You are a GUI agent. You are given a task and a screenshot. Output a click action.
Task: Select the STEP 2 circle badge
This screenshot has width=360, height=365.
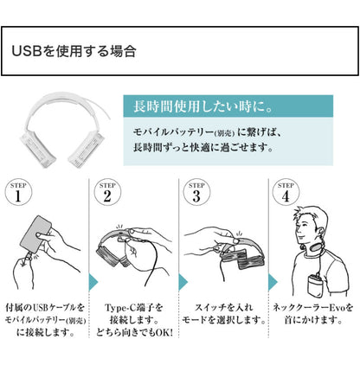point(106,194)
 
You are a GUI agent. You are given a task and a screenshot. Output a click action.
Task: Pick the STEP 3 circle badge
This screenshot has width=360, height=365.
point(196,194)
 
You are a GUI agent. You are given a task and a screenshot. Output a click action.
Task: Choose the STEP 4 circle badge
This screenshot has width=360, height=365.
point(285,194)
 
